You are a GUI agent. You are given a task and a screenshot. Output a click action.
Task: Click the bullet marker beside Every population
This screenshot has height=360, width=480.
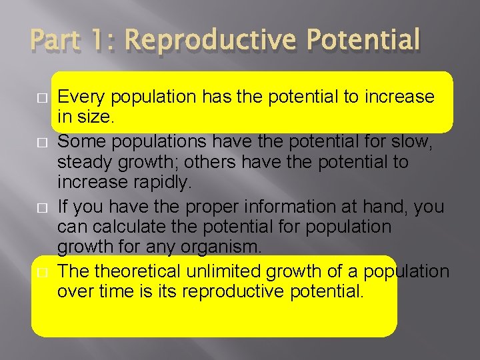[41, 98]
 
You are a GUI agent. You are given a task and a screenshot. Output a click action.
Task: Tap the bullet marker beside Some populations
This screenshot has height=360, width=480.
[41, 141]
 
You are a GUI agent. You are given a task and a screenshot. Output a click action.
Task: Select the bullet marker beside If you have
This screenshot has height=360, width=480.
[41, 207]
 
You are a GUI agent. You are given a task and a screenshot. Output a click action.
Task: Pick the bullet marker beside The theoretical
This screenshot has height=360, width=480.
[41, 272]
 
